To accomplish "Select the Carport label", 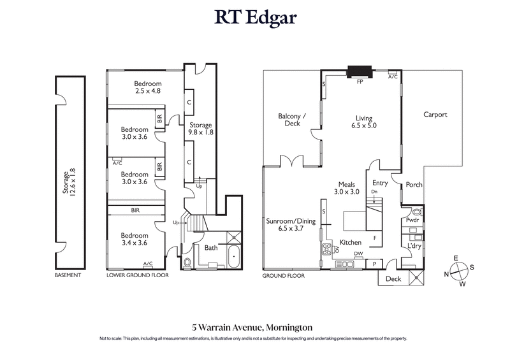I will click(x=435, y=115).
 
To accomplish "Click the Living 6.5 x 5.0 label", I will click(x=364, y=122).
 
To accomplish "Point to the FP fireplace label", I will click(x=360, y=82).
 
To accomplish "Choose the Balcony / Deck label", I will click(x=293, y=120).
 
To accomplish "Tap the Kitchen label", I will click(x=351, y=243).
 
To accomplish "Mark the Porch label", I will click(x=414, y=185).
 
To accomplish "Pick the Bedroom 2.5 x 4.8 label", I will click(x=147, y=87).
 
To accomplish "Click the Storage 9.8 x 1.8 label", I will click(x=201, y=129).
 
